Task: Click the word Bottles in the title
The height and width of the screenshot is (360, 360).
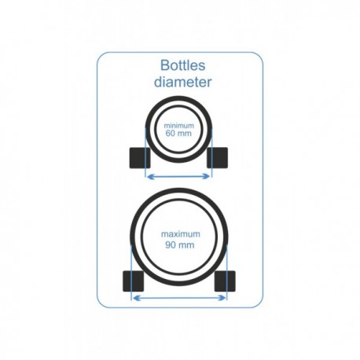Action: click(x=182, y=65)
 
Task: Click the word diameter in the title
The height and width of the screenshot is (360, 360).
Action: click(x=182, y=82)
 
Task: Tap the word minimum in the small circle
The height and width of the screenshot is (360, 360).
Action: click(x=179, y=126)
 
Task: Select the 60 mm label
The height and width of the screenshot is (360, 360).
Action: click(x=178, y=134)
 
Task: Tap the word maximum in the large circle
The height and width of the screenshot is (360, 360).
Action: click(x=181, y=234)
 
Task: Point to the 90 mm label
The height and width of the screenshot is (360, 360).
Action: click(x=180, y=245)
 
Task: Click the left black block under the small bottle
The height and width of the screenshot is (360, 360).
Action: click(x=140, y=158)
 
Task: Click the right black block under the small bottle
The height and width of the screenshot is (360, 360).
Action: click(x=217, y=158)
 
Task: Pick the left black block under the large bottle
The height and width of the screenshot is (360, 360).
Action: click(x=133, y=281)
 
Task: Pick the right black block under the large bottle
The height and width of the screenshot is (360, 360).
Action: click(x=225, y=281)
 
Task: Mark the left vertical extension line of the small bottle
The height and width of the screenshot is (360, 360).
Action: click(x=145, y=152)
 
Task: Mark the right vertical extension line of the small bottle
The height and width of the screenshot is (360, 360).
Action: click(x=212, y=152)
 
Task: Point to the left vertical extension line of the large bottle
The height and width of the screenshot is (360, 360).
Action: click(x=130, y=273)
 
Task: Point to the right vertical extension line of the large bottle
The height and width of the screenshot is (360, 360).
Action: click(x=227, y=273)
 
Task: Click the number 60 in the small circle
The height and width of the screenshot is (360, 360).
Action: click(x=171, y=134)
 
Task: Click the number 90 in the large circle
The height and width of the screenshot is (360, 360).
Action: click(x=171, y=245)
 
